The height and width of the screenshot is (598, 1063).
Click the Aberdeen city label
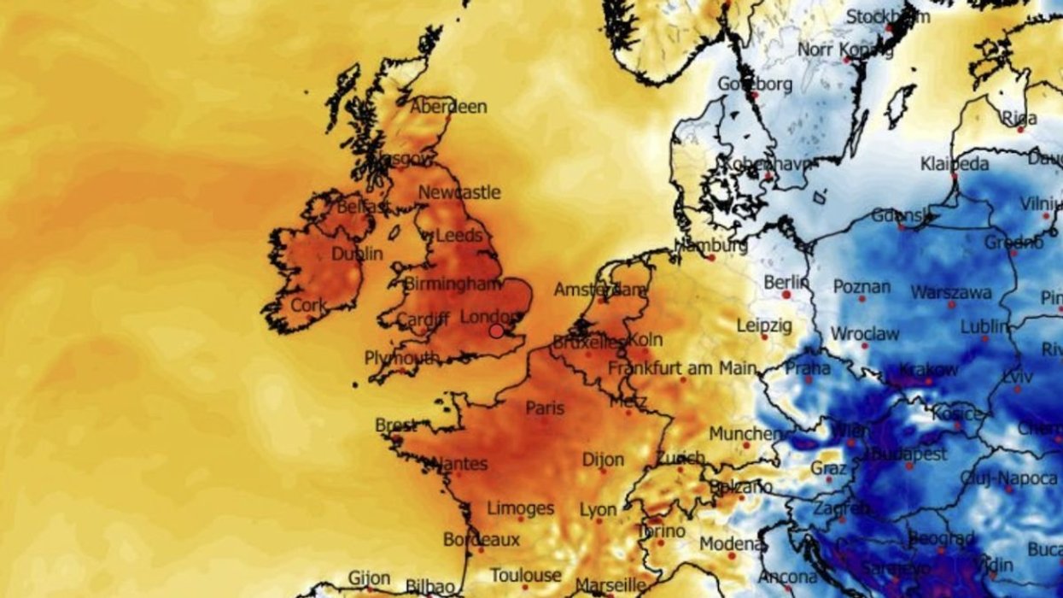(448, 108)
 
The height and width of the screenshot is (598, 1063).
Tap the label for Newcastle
(459, 193)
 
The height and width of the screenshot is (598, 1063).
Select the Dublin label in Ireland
(357, 254)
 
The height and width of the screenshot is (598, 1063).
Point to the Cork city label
(309, 305)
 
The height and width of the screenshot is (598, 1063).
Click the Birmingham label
(451, 284)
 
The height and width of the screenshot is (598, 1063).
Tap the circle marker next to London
(496, 330)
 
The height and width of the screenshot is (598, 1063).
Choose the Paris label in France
(545, 408)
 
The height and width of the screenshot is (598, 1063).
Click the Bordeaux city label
(482, 540)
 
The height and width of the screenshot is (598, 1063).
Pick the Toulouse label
(526, 576)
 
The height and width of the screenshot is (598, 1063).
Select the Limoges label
(521, 509)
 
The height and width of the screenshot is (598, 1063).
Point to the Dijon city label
(603, 460)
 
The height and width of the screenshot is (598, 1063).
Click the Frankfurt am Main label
(682, 368)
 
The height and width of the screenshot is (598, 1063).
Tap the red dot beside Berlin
(786, 294)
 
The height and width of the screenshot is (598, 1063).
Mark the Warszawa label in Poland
(951, 293)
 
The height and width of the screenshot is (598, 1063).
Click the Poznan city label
(862, 287)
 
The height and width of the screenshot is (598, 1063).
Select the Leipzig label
(763, 325)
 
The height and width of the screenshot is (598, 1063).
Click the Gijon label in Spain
(369, 578)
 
